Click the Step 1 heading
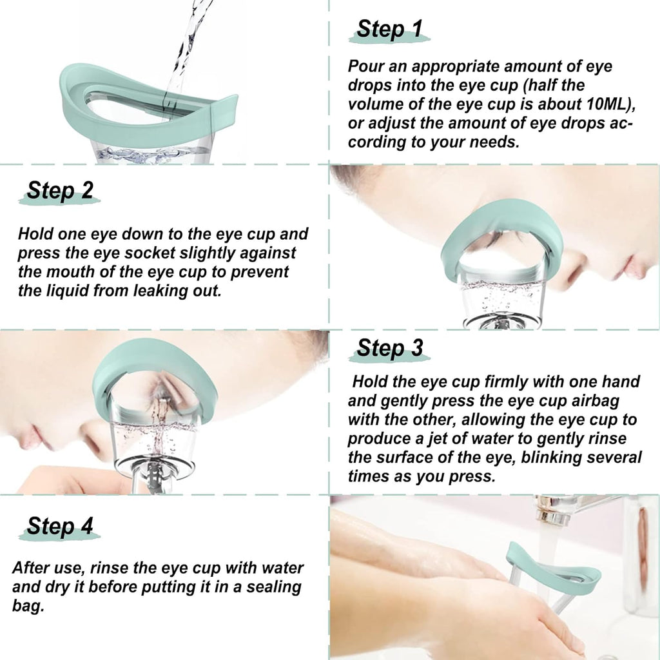click(x=389, y=29)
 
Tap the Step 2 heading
click(x=60, y=190)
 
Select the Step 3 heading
click(x=389, y=348)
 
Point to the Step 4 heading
click(x=60, y=527)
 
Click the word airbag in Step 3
click(x=593, y=401)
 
